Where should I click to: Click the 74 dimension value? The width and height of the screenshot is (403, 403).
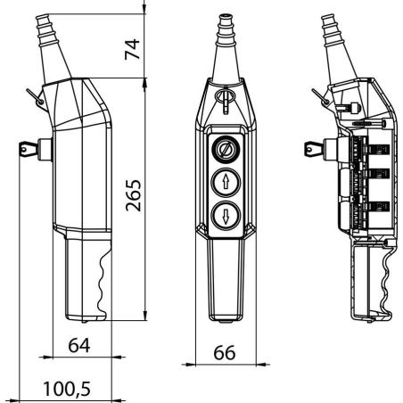(x=132, y=49)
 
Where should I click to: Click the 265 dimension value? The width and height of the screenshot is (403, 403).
(x=133, y=195)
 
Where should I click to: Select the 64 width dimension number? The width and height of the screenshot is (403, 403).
(x=79, y=345)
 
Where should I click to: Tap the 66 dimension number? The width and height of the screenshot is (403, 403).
(x=225, y=352)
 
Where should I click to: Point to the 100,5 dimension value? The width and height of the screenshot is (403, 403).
(x=67, y=389)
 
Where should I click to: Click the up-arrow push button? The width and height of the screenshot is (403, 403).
(x=226, y=183)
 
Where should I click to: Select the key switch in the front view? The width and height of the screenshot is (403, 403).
(x=226, y=150)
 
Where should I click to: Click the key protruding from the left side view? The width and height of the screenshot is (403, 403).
(x=29, y=149)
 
